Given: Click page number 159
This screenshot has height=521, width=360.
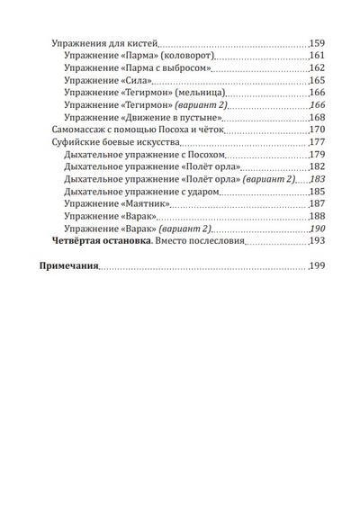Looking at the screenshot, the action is coord(318,42).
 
